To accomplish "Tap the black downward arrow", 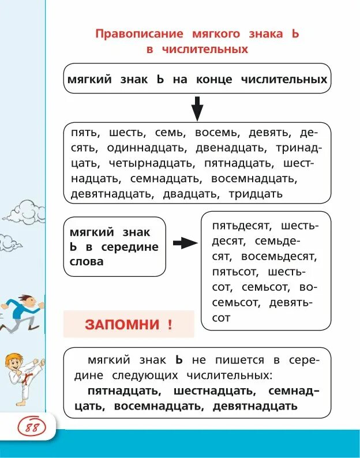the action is tap(197, 108).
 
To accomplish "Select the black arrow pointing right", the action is tap(185, 243).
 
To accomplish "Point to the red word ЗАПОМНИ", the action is tap(121, 324).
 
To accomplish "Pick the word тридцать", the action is tap(256, 194).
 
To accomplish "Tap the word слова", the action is tap(86, 261).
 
